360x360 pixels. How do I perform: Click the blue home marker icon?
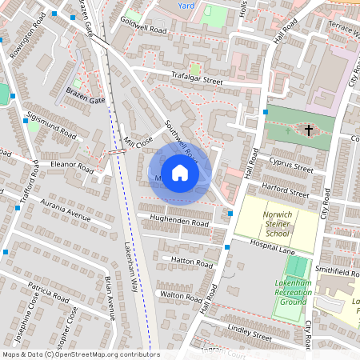pos(180,172)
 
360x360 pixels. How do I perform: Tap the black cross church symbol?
pos(308,129)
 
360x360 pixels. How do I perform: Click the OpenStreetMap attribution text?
pos(80,354)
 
